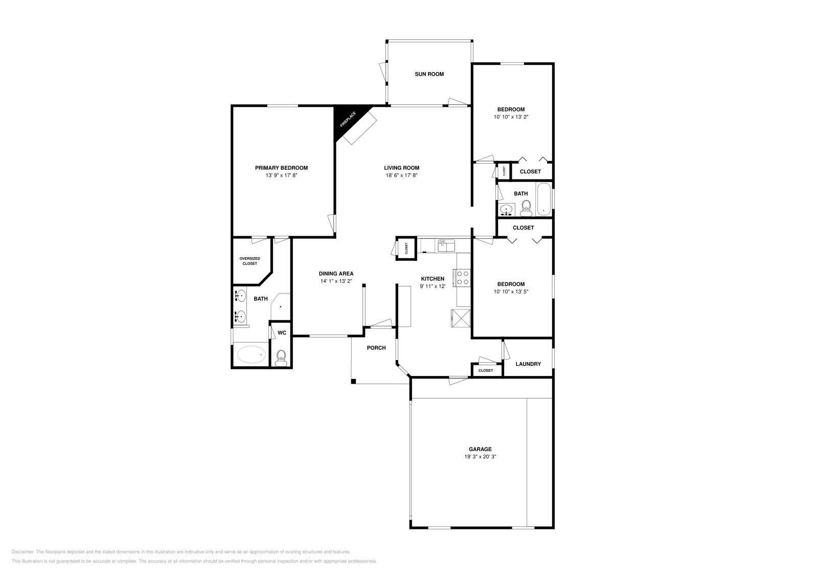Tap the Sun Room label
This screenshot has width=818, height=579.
[429, 74]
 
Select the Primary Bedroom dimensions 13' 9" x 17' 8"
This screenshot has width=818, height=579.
[281, 175]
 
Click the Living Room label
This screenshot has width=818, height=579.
[401, 168]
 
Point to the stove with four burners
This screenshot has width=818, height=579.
[463, 277]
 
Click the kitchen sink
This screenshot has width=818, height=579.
[446, 246]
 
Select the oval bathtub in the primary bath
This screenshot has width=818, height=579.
[251, 354]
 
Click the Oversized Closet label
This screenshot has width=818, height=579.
[249, 261]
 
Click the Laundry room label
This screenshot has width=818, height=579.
[528, 364]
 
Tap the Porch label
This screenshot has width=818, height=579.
[376, 348]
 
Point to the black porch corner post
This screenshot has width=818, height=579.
[353, 381]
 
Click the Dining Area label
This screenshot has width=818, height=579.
[336, 274]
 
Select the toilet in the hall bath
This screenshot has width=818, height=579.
[526, 207]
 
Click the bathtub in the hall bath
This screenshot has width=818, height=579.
[543, 199]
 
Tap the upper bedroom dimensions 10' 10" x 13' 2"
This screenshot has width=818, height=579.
[511, 117]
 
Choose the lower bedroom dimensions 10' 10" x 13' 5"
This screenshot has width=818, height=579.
[511, 292]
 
